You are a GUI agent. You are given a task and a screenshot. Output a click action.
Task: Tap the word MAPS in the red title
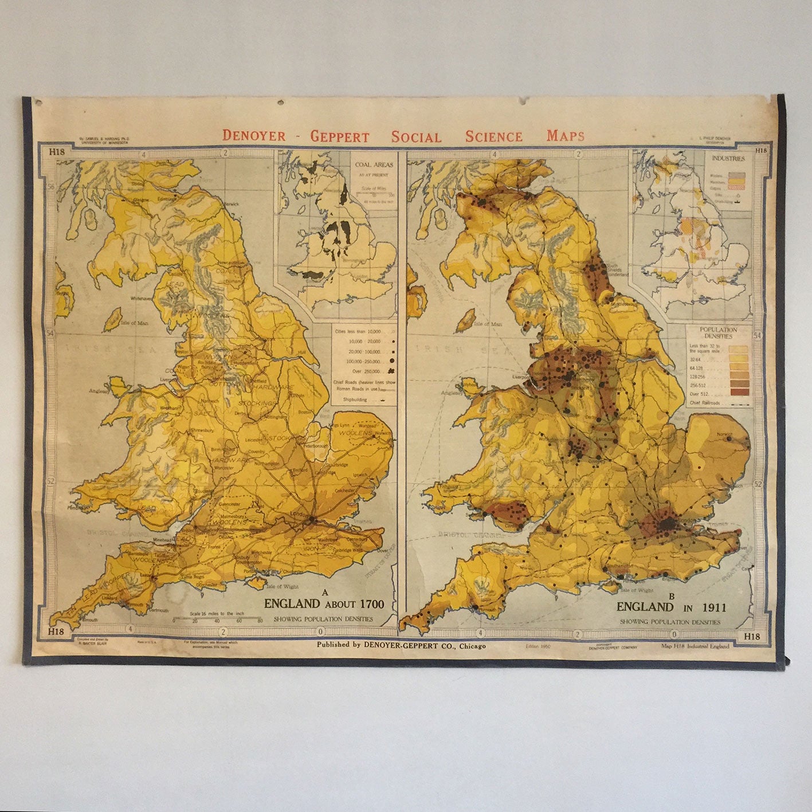click(565, 136)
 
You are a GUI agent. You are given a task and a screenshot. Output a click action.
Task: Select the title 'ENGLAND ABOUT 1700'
click(324, 603)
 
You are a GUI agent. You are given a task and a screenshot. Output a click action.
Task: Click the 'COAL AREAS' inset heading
click(374, 164)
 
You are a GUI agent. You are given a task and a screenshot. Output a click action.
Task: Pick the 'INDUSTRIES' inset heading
click(728, 158)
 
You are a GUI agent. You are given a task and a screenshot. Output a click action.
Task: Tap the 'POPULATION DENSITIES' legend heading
click(718, 333)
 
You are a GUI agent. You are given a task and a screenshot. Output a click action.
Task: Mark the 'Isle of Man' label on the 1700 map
click(135, 323)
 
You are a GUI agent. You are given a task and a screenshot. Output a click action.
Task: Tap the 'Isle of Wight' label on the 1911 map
click(637, 590)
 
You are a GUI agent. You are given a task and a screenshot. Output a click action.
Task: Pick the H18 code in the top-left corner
click(56, 152)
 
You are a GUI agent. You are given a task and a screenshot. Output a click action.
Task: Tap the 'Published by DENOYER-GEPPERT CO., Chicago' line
click(401, 645)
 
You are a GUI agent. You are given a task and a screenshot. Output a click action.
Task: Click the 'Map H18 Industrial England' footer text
click(695, 646)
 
